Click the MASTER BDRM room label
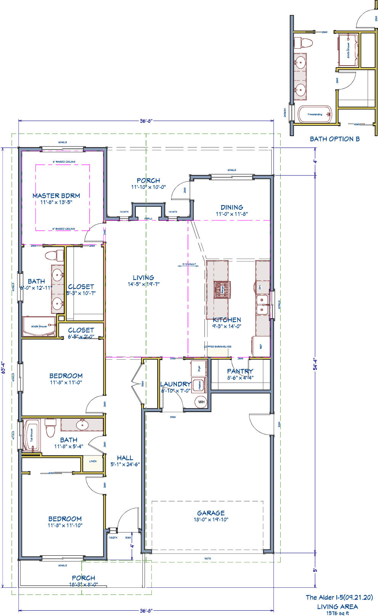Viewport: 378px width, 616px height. [x=56, y=196]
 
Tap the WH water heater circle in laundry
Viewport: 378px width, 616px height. [x=201, y=402]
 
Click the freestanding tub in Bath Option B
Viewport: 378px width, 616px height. [x=315, y=114]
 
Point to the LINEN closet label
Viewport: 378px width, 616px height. [x=93, y=461]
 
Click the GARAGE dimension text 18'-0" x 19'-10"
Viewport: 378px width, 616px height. [x=211, y=519]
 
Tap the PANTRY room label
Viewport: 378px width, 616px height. [x=240, y=371]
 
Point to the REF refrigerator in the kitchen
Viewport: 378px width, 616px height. [x=260, y=346]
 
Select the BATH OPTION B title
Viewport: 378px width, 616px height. [x=335, y=139]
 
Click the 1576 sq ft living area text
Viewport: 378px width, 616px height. [x=337, y=613]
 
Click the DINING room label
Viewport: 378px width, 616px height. [x=232, y=207]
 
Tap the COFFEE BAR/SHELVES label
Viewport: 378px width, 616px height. [x=217, y=347]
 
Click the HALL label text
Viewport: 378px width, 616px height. [x=125, y=458]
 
